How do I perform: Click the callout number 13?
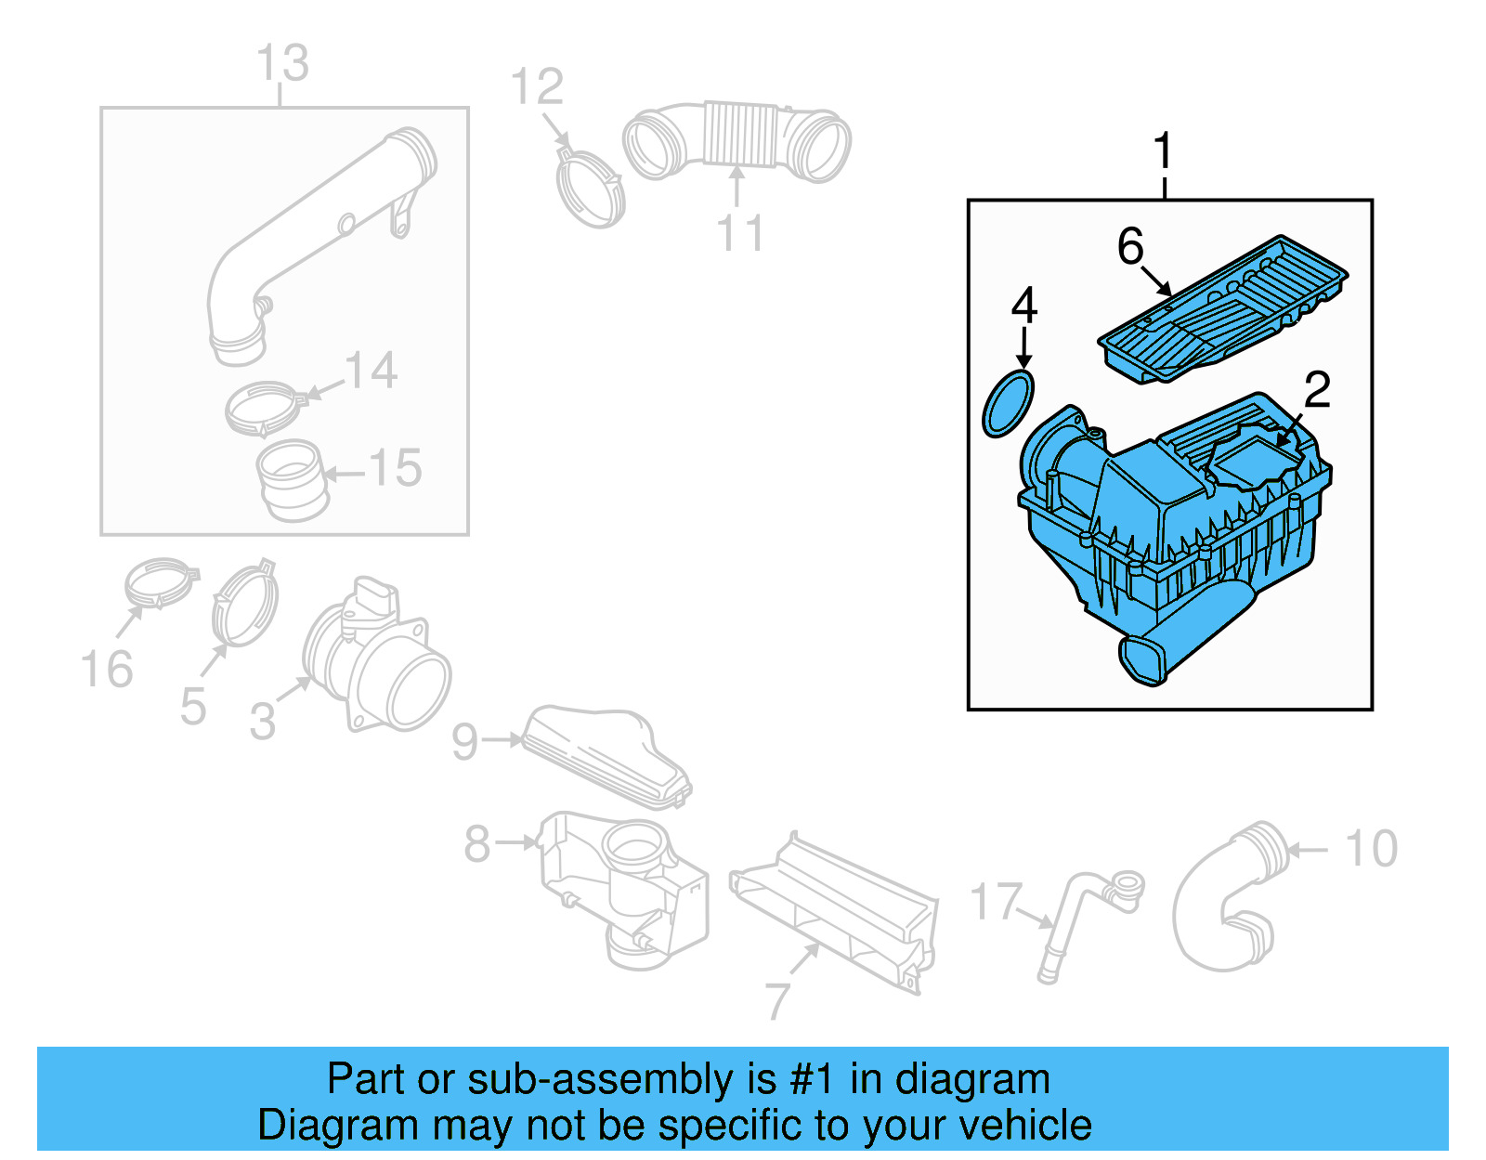click(282, 63)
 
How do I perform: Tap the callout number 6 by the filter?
click(1130, 246)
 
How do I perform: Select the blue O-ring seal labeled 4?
click(1008, 403)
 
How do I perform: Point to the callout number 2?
click(1317, 390)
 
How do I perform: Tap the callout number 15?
click(396, 469)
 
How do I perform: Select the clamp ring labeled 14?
click(264, 410)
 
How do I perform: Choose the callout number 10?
click(1371, 849)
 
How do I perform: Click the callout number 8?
click(476, 843)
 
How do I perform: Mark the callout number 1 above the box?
click(1163, 150)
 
